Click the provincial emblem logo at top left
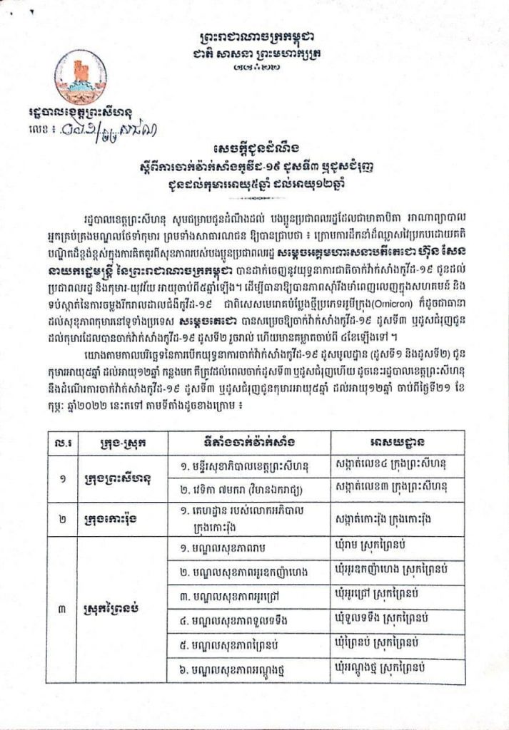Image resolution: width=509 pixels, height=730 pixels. click(80, 77)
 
